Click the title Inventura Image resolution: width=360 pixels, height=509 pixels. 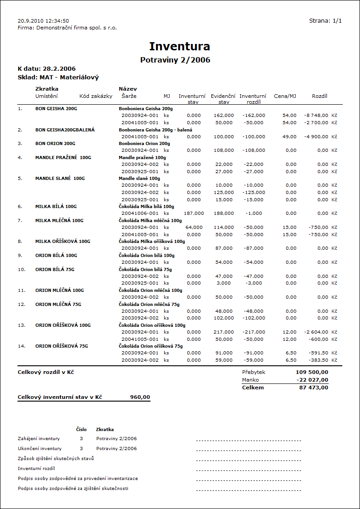point(180,46)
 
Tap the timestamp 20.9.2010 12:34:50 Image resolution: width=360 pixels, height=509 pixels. point(43,21)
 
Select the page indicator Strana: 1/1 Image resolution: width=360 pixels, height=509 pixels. point(325,21)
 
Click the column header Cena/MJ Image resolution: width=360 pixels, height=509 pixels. point(285,96)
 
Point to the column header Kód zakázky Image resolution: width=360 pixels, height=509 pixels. point(96,96)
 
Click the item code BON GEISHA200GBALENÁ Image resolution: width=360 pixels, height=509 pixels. point(65,130)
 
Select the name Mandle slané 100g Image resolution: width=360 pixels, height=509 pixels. point(139,178)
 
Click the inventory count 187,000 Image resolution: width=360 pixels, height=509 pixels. point(194,213)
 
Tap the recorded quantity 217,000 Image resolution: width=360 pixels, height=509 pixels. point(224,332)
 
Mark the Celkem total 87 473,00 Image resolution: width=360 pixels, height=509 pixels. point(313,388)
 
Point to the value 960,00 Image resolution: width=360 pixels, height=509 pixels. point(140,397)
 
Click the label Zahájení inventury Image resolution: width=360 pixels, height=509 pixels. point(39,439)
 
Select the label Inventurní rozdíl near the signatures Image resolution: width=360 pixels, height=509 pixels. point(36,468)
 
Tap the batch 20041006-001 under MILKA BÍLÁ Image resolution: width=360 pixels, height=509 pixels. point(140,213)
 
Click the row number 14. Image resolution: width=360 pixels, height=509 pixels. point(21,346)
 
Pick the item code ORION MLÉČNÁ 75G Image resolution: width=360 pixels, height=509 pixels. point(58,304)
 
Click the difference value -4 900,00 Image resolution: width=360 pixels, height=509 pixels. point(316,136)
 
